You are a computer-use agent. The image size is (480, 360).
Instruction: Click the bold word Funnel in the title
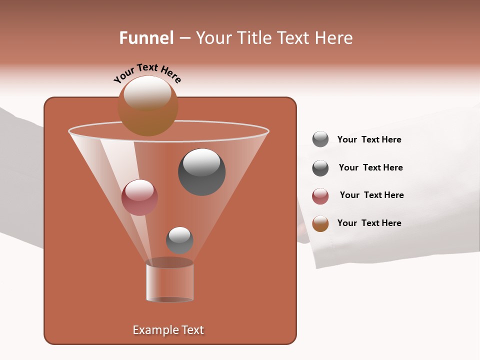[146, 38]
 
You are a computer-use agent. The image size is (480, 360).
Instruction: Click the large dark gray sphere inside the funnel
[202, 172]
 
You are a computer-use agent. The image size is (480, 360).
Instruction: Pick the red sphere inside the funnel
[139, 197]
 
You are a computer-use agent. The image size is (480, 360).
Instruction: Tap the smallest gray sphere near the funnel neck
[179, 240]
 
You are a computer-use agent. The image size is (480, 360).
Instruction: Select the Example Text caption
[168, 330]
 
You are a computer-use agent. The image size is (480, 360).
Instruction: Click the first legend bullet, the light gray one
[320, 139]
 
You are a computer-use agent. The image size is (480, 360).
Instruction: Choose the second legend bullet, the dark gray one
[320, 168]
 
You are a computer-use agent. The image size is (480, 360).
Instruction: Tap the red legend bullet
[320, 196]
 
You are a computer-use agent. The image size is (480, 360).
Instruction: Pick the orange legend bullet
[320, 223]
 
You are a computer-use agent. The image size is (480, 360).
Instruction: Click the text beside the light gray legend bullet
[369, 139]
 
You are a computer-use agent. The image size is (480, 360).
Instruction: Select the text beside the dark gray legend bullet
[370, 167]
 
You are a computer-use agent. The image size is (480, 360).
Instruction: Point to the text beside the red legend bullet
[371, 195]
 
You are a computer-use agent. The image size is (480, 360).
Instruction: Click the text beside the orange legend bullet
[369, 223]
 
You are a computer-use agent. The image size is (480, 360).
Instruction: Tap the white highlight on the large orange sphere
[147, 93]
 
